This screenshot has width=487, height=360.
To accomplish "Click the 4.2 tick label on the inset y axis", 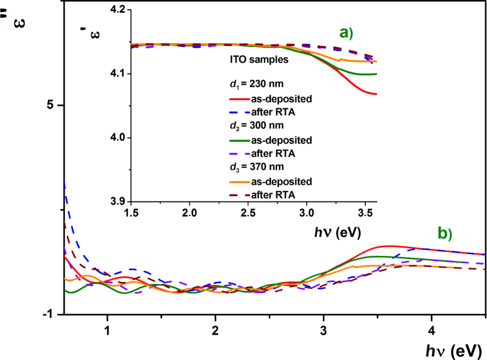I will (116, 10).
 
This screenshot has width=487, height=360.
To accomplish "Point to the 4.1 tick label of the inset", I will (116, 74).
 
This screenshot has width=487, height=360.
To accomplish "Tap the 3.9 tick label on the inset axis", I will (116, 201).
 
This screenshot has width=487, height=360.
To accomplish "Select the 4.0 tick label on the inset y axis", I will (116, 137).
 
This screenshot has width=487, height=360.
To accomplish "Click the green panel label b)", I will (444, 233).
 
